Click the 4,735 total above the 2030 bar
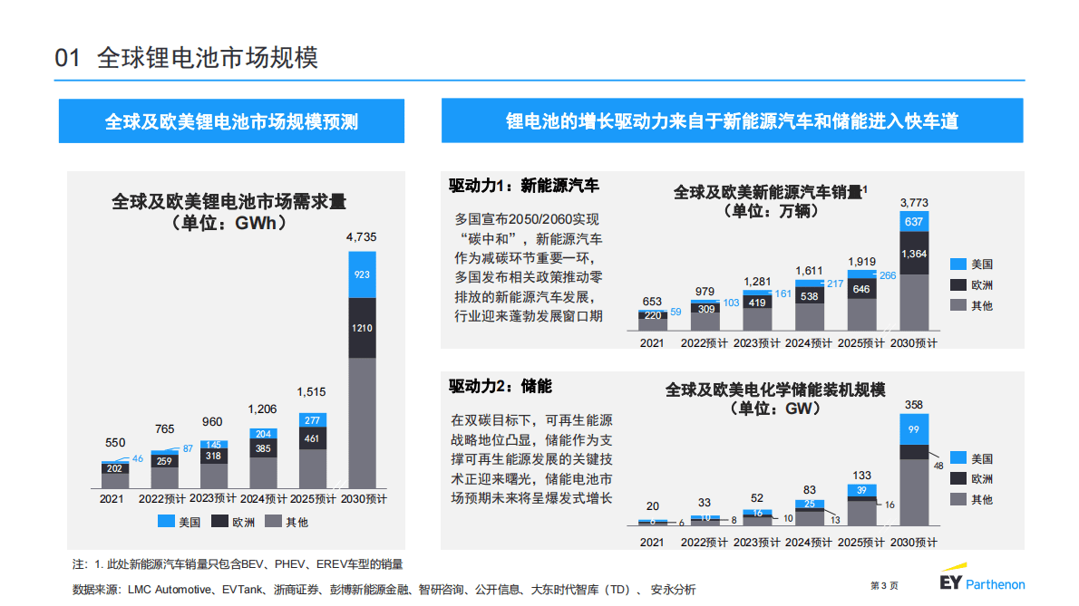361,237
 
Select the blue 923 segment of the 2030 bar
362,274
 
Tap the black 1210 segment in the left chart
362,327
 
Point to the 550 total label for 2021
115,443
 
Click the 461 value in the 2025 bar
312,439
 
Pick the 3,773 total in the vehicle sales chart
914,202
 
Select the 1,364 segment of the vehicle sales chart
914,254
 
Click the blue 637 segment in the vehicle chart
914,222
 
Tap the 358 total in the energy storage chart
913,404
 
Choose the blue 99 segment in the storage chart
913,428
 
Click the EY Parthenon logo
982,582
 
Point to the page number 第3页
884,585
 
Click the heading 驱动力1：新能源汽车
523,186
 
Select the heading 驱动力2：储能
500,386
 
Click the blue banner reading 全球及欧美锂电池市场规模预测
231,121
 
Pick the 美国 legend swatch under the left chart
166,522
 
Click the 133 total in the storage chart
861,475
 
